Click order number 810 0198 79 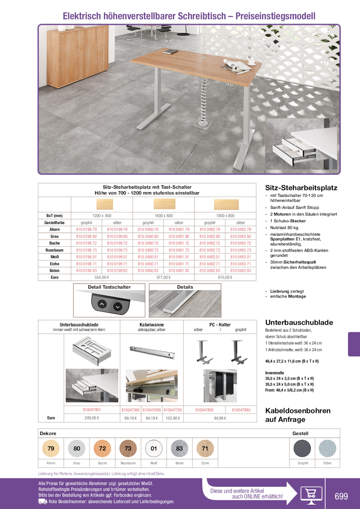click(86, 229)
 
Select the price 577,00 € click(164, 277)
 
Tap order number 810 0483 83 click(241, 271)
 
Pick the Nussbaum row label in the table click(55, 250)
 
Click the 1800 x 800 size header click(225, 216)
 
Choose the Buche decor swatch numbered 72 click(102, 449)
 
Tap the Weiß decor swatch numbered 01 click(154, 449)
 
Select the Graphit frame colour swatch click(302, 449)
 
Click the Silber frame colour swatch click(327, 449)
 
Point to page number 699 click(341, 496)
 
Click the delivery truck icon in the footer click(43, 502)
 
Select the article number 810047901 click(92, 410)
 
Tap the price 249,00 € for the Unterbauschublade click(92, 418)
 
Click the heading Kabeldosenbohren click(298, 411)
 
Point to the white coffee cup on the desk click(251, 62)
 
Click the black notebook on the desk click(170, 52)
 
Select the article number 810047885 click(241, 410)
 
